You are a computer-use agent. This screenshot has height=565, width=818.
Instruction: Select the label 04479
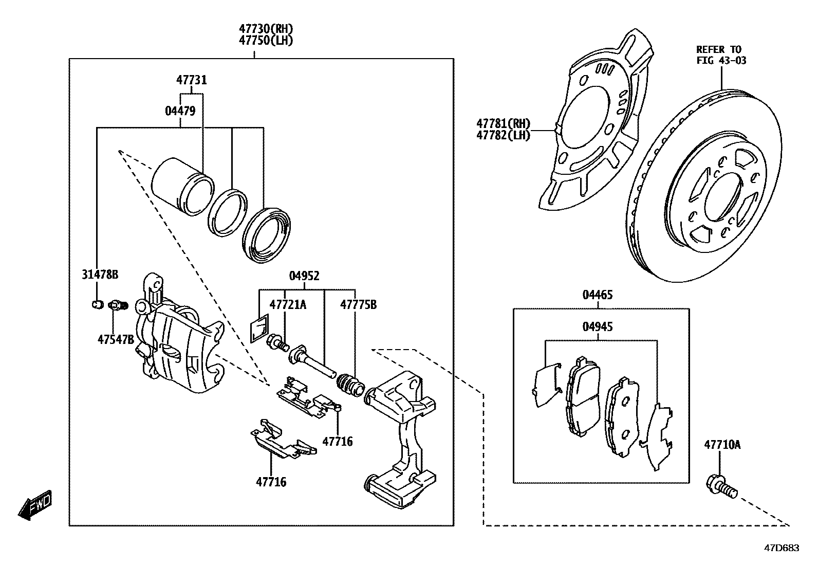pos(180,111)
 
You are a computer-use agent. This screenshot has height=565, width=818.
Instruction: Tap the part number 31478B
pos(100,275)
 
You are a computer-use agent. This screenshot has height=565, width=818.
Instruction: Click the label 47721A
pos(288,305)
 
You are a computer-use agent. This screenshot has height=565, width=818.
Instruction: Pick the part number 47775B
pos(358,305)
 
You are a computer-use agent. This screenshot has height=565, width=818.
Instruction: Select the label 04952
pos(304,276)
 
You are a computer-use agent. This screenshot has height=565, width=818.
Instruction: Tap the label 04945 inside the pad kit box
pos(598,326)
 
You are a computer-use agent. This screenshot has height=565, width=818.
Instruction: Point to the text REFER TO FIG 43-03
pos(721,54)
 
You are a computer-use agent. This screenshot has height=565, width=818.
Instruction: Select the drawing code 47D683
pos(782,548)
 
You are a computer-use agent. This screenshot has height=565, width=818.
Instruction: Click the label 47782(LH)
pos(503,136)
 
